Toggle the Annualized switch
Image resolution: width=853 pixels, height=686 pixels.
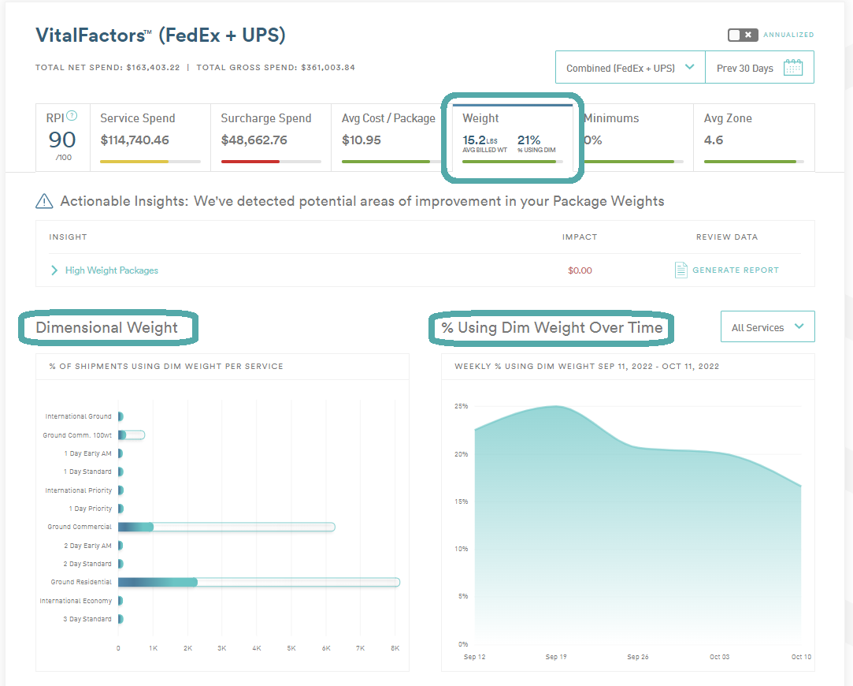743,35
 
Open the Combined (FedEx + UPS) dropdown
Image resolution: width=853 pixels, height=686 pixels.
630,68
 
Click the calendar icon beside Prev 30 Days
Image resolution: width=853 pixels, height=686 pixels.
793,68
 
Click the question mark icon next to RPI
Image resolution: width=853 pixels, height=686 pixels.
71,116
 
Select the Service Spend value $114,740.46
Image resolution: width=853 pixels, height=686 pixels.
135,140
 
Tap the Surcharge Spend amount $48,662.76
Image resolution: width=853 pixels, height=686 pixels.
254,140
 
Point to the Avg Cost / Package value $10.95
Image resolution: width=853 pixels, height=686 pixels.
362,140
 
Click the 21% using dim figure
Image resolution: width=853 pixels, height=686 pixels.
528,140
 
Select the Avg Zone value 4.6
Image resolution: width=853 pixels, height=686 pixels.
713,140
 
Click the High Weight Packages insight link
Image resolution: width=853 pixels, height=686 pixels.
112,270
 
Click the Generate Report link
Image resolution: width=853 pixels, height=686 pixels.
736,270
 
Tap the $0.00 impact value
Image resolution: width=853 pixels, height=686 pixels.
580,270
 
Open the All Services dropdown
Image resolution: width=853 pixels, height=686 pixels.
768,326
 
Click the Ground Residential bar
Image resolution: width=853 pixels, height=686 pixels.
259,582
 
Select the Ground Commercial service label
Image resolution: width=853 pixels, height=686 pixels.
80,527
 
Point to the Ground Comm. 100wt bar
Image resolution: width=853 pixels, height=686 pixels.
131,435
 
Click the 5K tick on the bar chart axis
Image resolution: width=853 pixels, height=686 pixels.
291,648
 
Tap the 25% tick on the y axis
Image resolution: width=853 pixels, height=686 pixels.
461,406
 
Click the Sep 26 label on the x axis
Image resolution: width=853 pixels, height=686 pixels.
637,657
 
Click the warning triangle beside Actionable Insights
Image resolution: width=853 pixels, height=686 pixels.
44,201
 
